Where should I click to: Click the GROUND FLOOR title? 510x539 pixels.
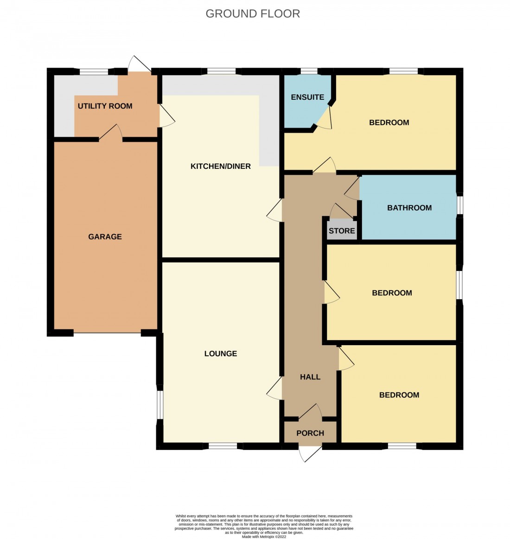coord(253,13)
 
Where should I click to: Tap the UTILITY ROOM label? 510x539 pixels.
coord(105,106)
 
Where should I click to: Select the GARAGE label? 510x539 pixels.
coord(105,237)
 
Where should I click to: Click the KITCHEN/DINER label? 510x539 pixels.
coord(221,166)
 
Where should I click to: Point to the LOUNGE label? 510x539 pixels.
coord(221,353)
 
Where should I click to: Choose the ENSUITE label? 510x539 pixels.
coord(307,97)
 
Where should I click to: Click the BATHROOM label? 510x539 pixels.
coord(409,208)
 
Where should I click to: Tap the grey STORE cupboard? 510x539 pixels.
coord(342,231)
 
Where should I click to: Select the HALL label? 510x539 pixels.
coord(310,377)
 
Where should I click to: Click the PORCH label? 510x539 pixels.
coord(310,433)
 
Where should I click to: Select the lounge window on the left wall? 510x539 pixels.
coord(159,402)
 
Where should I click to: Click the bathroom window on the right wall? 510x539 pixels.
coord(459,205)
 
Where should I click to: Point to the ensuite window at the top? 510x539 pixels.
coord(308,71)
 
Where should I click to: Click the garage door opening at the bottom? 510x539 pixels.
coord(107,333)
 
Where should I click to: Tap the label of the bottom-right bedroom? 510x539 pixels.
coord(399,395)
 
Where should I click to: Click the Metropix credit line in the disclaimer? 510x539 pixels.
coord(264,537)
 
